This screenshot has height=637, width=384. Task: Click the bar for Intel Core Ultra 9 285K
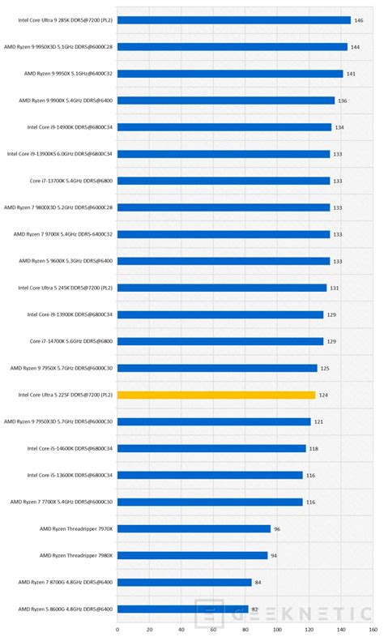click(x=234, y=20)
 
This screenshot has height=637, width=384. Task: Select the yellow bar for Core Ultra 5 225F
click(x=216, y=395)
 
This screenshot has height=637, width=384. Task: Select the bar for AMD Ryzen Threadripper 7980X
click(x=192, y=555)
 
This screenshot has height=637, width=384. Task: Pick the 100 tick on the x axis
click(x=278, y=628)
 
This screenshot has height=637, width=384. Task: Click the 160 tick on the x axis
click(x=373, y=628)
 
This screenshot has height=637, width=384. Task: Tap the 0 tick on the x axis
click(x=117, y=628)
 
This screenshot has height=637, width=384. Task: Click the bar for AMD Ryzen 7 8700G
click(x=185, y=582)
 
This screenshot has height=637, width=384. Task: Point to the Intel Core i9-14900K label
click(x=70, y=127)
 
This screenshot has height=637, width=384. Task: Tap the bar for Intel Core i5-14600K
click(x=211, y=448)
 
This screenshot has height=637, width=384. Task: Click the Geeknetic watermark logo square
click(x=209, y=612)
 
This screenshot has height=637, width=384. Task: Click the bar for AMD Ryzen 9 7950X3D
click(x=214, y=421)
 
